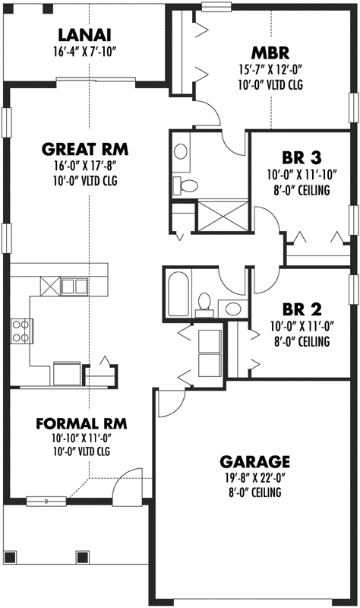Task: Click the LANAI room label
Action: (x=84, y=34)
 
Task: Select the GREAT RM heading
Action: (x=84, y=148)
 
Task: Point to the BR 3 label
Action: (x=302, y=158)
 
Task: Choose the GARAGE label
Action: (x=254, y=461)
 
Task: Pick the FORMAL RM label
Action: (x=82, y=423)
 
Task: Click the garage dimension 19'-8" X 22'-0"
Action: (x=254, y=478)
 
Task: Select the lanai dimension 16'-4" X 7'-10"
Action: (x=84, y=51)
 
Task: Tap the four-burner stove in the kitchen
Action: (x=21, y=329)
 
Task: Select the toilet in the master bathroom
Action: (x=187, y=185)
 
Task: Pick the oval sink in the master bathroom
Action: (x=182, y=151)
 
